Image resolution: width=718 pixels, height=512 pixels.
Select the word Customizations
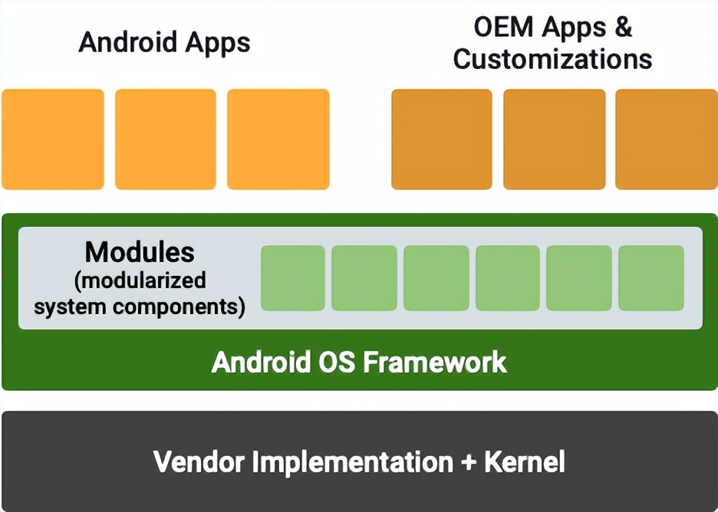click(552, 59)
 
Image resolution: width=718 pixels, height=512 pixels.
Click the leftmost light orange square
click(53, 139)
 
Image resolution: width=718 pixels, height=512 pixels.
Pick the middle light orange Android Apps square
click(166, 139)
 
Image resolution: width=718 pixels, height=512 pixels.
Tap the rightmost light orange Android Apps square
click(278, 139)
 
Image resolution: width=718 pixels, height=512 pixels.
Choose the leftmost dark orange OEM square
click(442, 139)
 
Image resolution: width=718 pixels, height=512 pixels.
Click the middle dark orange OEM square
click(554, 139)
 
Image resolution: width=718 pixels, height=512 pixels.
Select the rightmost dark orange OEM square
click(666, 139)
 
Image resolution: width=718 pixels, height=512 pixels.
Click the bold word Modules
click(140, 252)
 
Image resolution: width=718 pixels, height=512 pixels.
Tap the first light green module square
click(293, 278)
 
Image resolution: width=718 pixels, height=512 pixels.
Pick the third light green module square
click(436, 278)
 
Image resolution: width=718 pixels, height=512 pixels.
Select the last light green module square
click(650, 278)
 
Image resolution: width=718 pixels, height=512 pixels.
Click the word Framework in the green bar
click(434, 362)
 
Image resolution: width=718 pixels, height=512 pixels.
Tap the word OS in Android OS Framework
click(338, 362)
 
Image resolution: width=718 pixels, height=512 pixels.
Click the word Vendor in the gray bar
click(199, 462)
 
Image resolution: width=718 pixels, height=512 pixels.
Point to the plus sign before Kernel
click(468, 463)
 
